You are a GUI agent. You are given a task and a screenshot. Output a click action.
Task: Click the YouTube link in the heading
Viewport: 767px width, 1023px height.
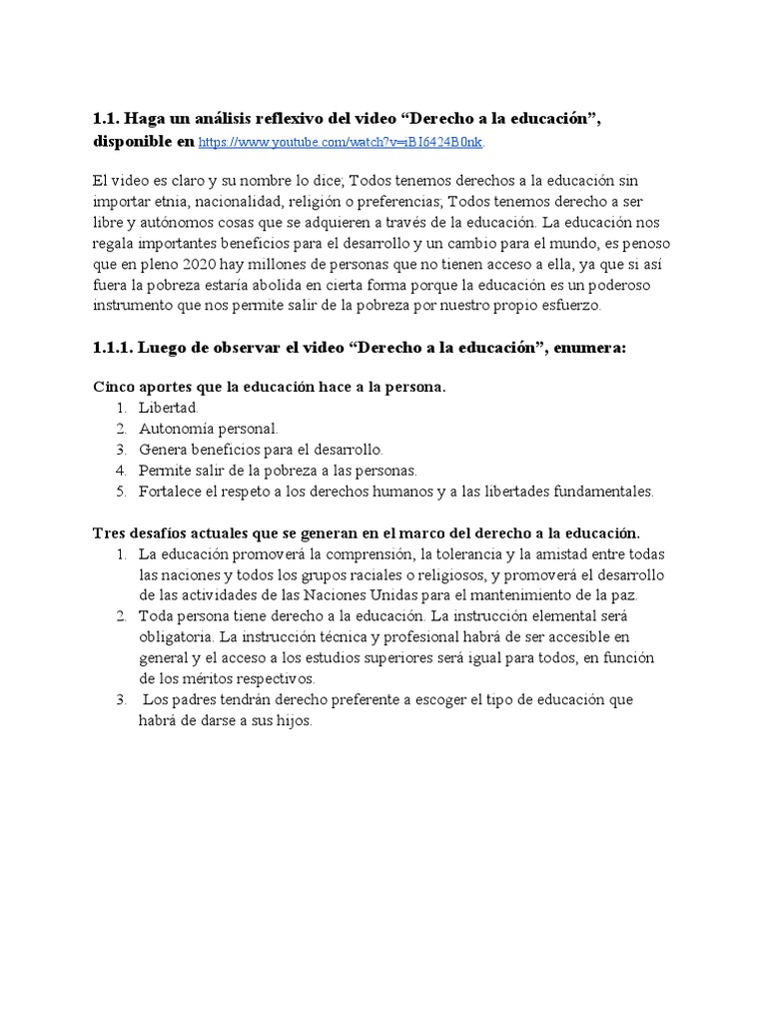pos(342,143)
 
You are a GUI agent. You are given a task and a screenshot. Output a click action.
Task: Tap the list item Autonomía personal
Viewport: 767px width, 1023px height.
pos(209,429)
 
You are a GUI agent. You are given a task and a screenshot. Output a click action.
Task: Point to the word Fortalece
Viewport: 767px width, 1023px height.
pos(174,492)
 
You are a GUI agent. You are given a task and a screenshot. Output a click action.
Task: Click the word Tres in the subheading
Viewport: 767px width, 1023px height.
pos(109,531)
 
